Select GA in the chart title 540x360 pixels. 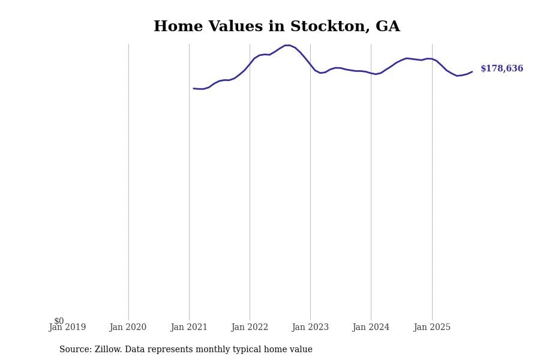coord(388,27)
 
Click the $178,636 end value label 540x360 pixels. coord(502,69)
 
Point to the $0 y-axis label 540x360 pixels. coord(59,321)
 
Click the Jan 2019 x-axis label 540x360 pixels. coord(67,328)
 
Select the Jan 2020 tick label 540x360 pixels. coord(128,328)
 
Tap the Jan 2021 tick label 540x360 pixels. coord(189,328)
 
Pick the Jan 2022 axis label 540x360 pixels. coord(250,328)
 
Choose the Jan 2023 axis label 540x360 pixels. coord(310,328)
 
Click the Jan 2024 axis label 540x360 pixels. coord(371,328)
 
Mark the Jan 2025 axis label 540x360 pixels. coord(432,328)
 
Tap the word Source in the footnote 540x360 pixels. coord(75,350)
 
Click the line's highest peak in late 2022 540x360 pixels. coord(287,45)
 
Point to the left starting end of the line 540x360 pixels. coord(194,88)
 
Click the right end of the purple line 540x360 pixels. coord(472,71)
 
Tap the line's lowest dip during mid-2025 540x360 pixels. coord(457,76)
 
